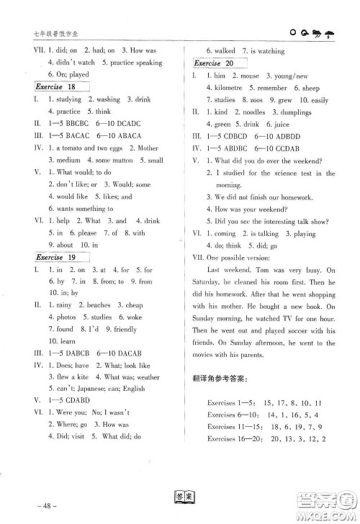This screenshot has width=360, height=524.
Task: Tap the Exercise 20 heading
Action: click(212, 63)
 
